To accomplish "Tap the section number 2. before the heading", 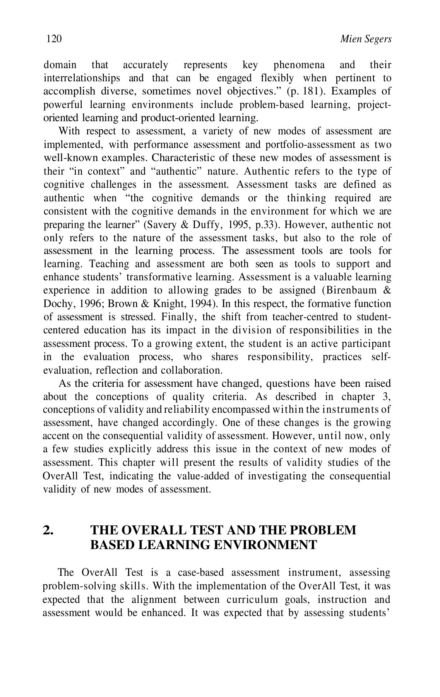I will (x=48, y=530).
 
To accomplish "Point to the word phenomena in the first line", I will (x=299, y=65).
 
